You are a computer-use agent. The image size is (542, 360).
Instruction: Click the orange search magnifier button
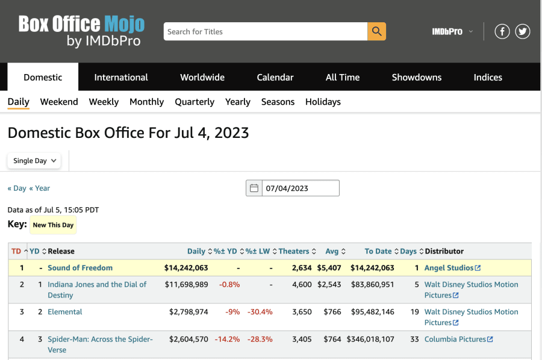pos(376,31)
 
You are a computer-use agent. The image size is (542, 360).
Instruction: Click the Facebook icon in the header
pos(502,31)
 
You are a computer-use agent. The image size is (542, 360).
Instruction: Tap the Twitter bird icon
pos(522,31)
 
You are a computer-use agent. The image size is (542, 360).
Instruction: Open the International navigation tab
pos(121,77)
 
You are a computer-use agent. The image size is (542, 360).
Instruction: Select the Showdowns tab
pos(416,77)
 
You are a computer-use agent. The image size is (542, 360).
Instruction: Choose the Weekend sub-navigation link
pos(59,102)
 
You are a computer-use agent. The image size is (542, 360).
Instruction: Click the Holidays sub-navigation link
pos(323,102)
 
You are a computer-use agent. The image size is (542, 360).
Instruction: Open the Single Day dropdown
pos(35,161)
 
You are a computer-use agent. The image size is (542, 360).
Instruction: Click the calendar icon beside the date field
pos(254,188)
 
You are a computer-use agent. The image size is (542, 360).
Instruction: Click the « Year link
pos(40,188)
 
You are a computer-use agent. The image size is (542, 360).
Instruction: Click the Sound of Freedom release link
pos(80,268)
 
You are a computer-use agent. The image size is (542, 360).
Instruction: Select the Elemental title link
pos(65,312)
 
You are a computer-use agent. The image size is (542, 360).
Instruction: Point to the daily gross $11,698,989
pos(186,284)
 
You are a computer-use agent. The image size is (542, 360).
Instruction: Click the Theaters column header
pos(294,251)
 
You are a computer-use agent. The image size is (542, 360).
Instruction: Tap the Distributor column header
pos(444,251)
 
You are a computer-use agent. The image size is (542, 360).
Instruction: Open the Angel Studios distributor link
pos(449,268)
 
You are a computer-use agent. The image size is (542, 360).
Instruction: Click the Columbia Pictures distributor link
pos(455,340)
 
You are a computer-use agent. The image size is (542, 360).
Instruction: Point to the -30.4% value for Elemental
pos(260,312)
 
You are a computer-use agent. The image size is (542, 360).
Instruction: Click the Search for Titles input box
pos(265,31)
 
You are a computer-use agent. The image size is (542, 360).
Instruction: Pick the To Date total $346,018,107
pos(370,340)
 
